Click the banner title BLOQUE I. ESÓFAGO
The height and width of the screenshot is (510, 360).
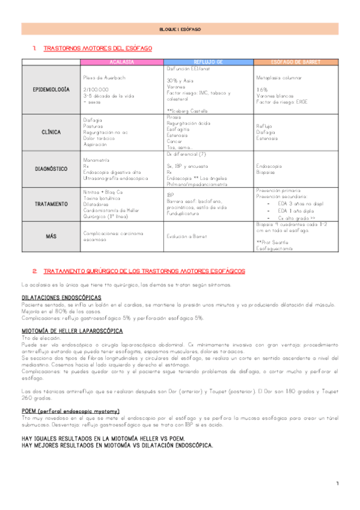point(180,29)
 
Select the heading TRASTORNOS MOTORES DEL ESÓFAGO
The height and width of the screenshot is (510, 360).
point(98,48)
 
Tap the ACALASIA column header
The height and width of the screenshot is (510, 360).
point(121,62)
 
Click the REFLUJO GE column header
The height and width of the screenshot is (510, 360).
point(209,62)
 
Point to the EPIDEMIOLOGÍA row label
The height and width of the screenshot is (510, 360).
point(50,89)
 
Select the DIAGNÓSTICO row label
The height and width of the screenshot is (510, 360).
point(50,169)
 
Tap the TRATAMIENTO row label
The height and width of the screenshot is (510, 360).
point(50,204)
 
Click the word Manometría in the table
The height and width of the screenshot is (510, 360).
point(96,160)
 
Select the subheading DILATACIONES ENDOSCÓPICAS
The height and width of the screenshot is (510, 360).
point(61,298)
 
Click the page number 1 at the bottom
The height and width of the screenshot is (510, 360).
point(337,484)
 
